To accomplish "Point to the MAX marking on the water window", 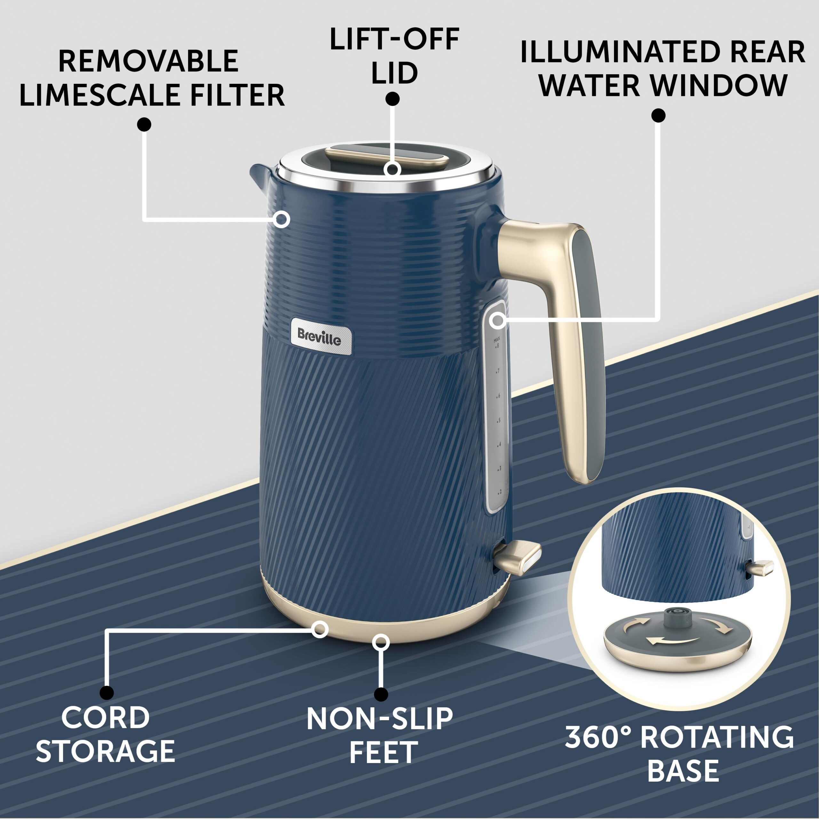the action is (x=497, y=339).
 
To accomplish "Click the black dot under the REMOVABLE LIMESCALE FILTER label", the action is (x=144, y=124).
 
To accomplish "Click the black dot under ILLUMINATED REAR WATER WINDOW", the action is (x=658, y=115).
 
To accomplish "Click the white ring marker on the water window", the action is (x=498, y=321).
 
